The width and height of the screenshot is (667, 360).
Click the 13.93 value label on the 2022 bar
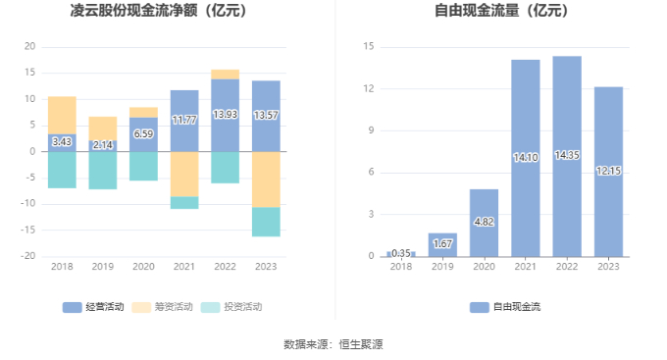(225, 115)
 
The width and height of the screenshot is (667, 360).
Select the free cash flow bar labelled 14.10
(526, 158)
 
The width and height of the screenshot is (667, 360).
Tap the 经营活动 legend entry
(93, 307)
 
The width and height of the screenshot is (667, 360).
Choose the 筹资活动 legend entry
(162, 307)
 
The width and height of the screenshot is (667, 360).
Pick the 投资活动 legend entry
(231, 307)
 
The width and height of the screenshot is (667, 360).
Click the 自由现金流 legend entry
(505, 307)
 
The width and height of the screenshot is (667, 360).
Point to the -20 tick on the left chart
(28, 256)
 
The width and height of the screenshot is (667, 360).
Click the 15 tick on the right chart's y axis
(369, 46)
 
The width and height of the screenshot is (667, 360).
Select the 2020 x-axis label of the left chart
(143, 267)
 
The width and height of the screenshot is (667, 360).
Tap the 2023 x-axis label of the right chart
(608, 267)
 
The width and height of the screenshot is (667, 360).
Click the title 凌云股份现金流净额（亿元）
(159, 11)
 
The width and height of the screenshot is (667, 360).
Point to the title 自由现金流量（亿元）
(502, 11)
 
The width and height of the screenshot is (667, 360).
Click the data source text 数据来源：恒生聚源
(333, 344)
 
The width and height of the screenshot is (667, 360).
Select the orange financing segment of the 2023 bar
(266, 180)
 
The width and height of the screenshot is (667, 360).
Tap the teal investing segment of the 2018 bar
(62, 170)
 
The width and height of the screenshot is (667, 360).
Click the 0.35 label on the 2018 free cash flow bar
(401, 253)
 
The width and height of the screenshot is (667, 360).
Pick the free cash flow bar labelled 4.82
(485, 223)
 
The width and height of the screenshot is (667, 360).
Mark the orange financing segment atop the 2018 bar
(62, 116)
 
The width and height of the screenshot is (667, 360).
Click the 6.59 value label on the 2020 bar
(143, 133)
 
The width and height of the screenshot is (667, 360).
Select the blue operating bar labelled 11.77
(184, 121)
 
